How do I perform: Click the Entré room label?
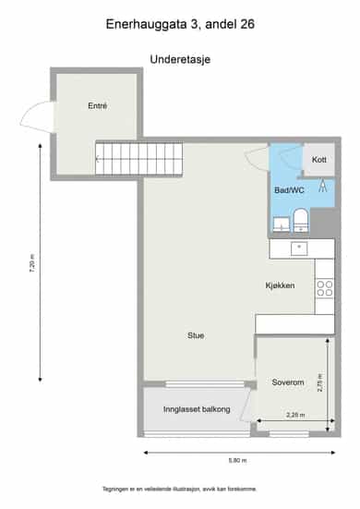[x=97, y=106]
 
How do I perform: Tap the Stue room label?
[x=196, y=335]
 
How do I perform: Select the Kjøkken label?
[x=280, y=285]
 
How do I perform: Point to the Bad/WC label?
[x=289, y=190]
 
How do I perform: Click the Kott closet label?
[x=318, y=160]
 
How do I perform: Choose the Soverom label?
[x=288, y=382]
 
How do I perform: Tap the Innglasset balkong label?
[x=197, y=409]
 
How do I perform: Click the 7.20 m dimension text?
[x=32, y=263]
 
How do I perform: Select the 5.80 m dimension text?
[x=238, y=460]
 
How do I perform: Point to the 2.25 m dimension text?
[x=295, y=415]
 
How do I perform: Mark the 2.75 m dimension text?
[x=319, y=383]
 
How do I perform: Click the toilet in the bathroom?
[x=301, y=221]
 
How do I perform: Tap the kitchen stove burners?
[x=325, y=288]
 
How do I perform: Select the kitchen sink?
[x=299, y=249]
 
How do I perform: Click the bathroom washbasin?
[x=282, y=224]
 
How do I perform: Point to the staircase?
[x=138, y=159]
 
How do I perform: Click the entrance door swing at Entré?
[x=37, y=117]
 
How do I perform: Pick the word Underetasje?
[x=180, y=59]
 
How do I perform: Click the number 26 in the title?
[x=247, y=24]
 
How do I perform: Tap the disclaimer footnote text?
[x=180, y=489]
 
